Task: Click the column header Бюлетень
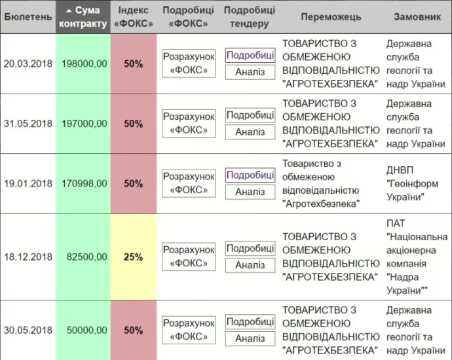28,17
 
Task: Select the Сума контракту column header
83,17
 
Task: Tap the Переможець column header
331,17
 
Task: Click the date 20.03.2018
28,63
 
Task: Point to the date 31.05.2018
28,124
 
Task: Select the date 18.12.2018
28,257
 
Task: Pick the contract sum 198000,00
84,63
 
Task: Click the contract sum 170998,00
84,184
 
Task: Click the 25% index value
134,257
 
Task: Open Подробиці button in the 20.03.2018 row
250,55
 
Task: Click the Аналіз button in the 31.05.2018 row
250,132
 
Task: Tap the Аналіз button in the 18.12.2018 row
250,265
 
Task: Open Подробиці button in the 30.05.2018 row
250,322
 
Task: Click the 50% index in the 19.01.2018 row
134,184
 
